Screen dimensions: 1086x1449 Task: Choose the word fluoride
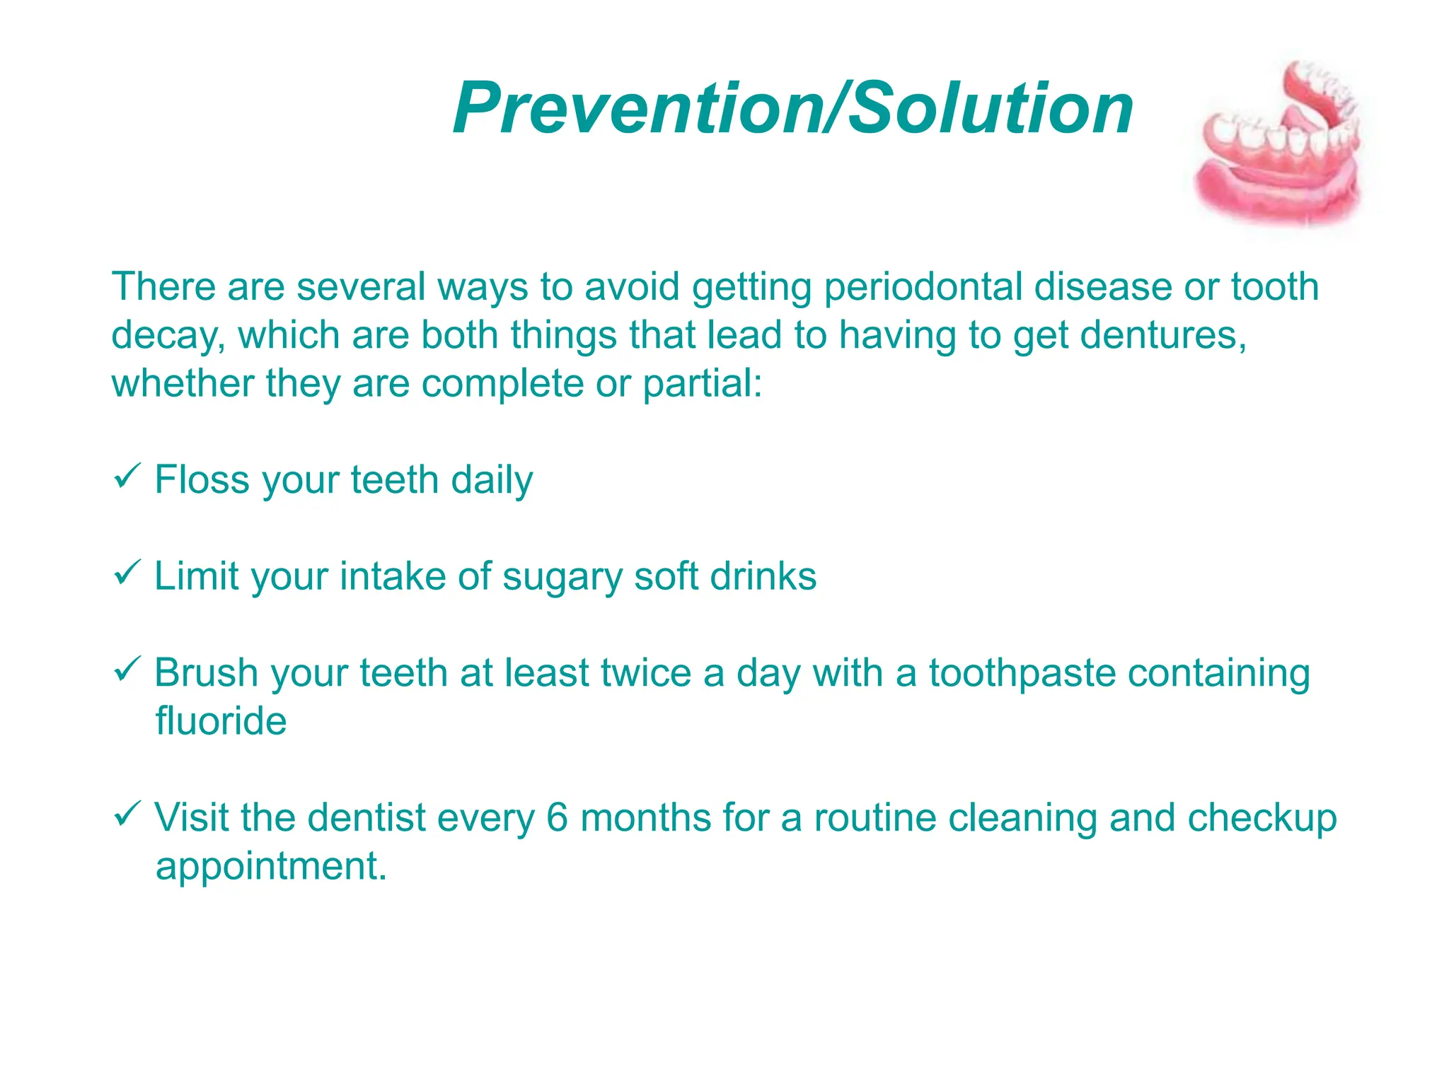pyautogui.click(x=221, y=721)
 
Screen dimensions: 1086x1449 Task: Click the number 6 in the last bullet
pyautogui.click(x=558, y=817)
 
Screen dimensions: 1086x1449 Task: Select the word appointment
pyautogui.click(x=270, y=867)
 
